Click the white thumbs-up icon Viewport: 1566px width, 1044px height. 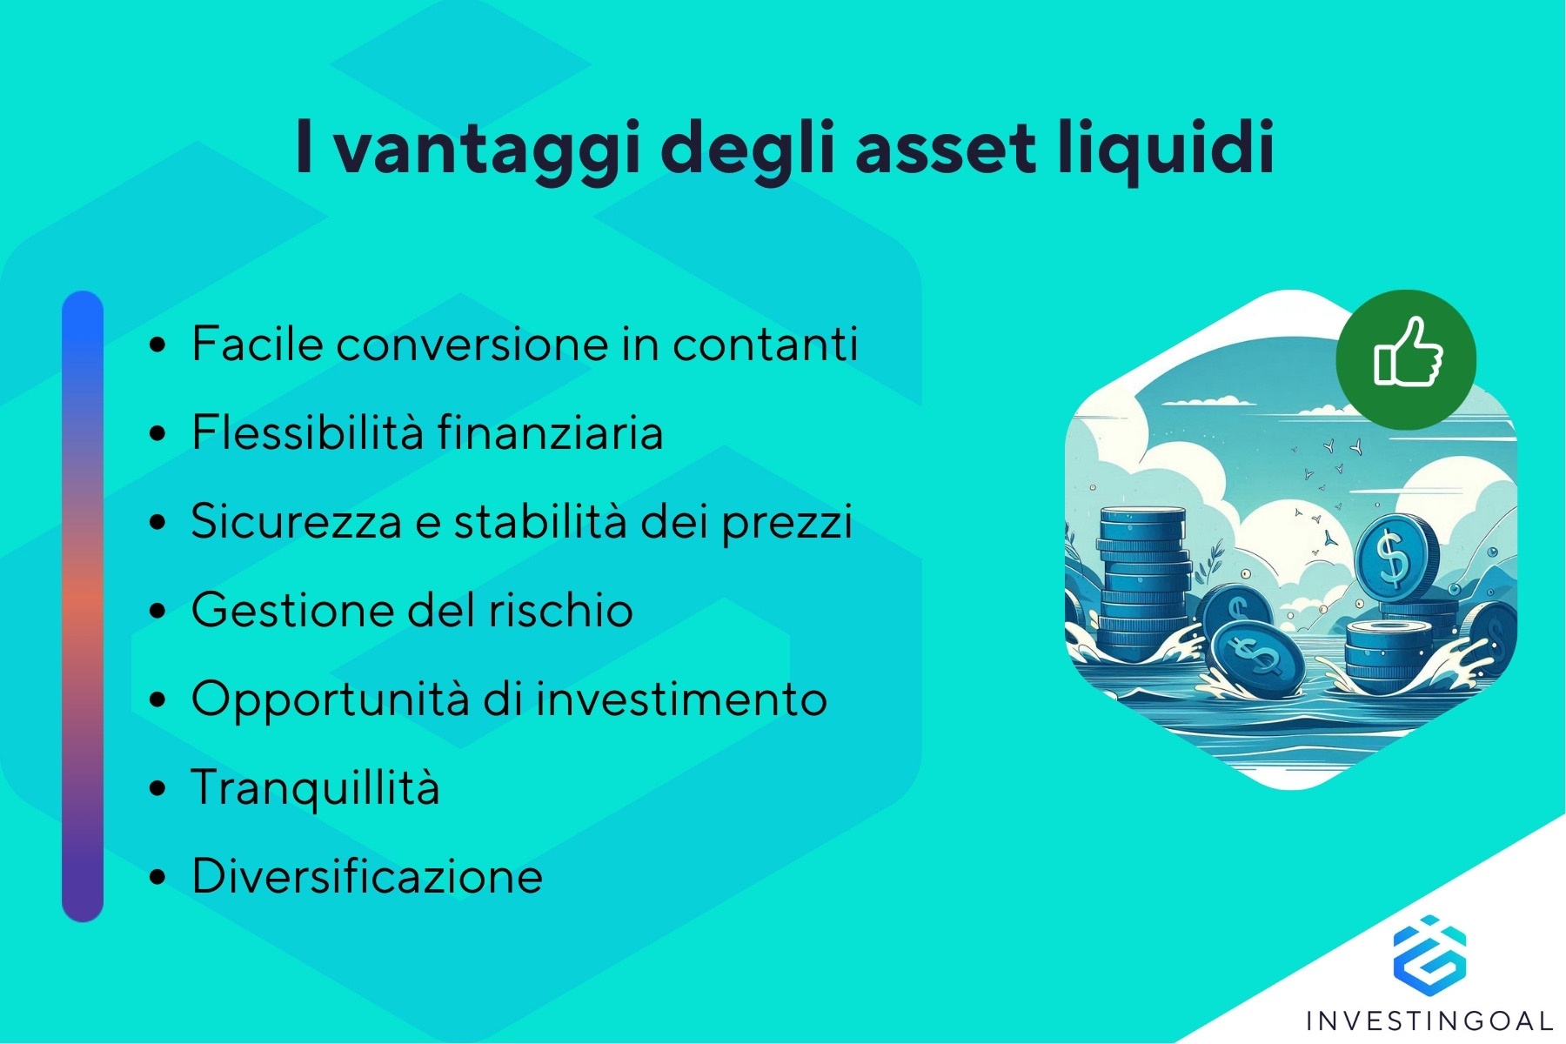1407,352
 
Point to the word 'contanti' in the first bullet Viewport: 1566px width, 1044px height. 765,344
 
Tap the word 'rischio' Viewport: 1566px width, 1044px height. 560,610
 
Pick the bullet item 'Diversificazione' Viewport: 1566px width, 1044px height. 367,876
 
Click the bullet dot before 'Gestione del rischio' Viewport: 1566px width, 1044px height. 157,611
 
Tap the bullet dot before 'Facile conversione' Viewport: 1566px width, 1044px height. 157,345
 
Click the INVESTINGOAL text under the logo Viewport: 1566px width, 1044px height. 1430,1021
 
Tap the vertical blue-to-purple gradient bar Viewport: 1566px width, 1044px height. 83,606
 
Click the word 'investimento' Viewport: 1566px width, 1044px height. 681,699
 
